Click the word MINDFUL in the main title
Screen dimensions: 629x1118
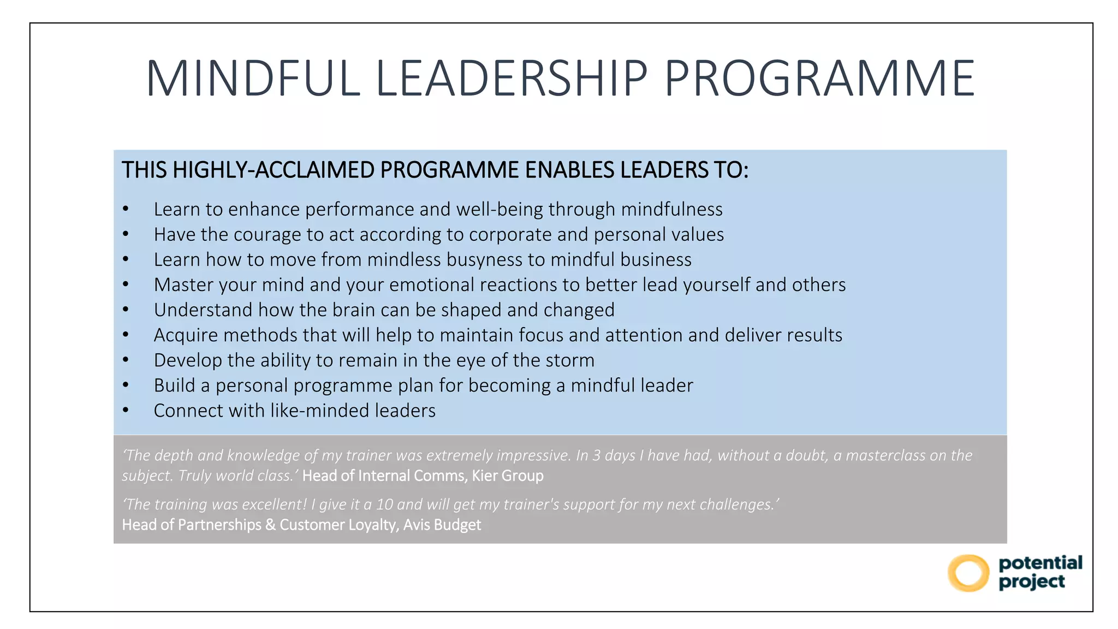(x=253, y=79)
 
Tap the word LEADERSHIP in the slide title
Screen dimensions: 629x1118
(x=512, y=79)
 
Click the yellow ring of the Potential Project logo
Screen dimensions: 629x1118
(x=968, y=573)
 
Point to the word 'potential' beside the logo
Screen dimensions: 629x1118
(x=1040, y=562)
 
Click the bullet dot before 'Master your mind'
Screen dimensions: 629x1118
(x=126, y=284)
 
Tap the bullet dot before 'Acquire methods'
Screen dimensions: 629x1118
(x=126, y=335)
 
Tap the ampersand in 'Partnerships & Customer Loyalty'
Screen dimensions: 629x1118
(x=270, y=525)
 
